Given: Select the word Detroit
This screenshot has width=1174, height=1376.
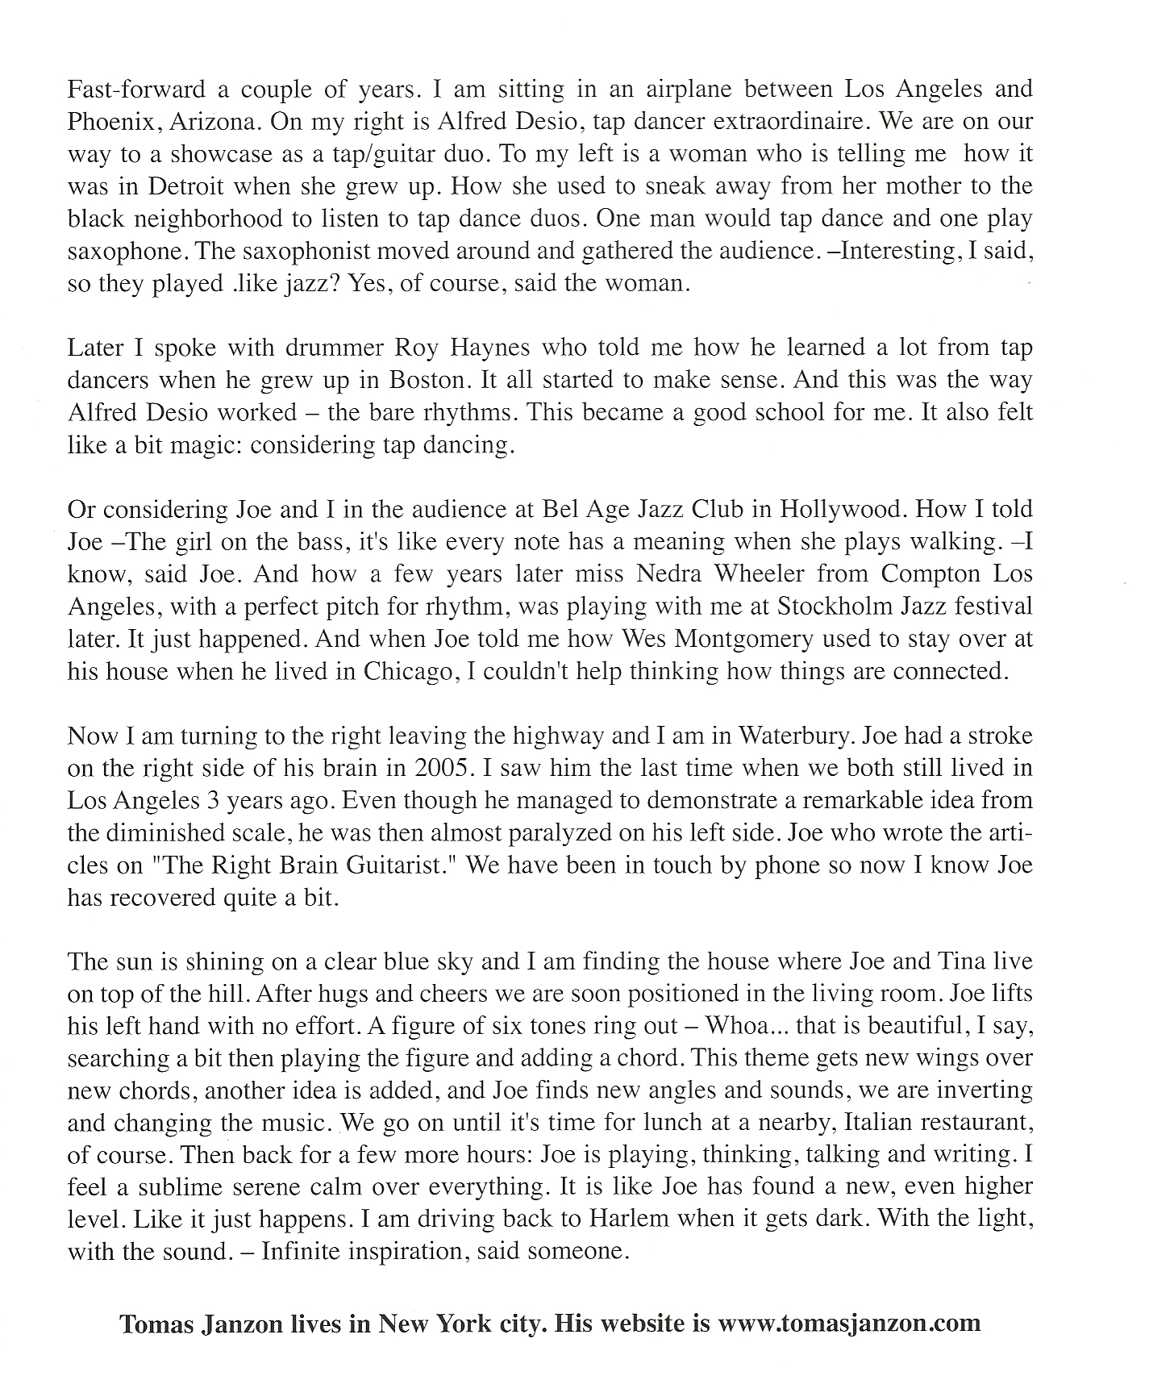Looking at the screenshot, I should click(185, 186).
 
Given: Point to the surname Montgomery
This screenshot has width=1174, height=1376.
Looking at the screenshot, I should click(744, 639).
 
